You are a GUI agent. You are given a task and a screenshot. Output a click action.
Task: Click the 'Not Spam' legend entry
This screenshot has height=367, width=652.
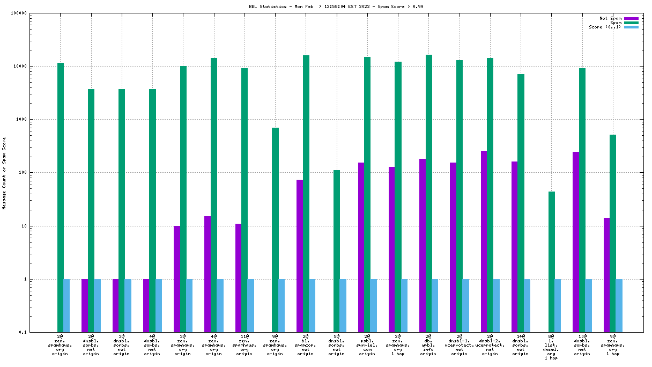coord(611,18)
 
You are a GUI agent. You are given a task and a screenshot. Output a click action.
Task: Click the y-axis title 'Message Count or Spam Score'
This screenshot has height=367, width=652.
coord(4,173)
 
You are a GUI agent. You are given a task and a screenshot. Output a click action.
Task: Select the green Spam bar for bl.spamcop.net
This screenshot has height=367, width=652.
coord(306,193)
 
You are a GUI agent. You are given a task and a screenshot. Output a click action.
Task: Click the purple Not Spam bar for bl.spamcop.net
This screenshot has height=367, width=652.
coord(300,256)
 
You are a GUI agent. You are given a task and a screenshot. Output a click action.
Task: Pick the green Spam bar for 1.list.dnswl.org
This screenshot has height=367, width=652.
coord(552,262)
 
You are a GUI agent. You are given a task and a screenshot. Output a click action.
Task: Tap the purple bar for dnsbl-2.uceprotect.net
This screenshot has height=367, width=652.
coord(484,241)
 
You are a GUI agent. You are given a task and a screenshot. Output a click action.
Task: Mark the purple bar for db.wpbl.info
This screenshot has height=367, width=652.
coord(423,245)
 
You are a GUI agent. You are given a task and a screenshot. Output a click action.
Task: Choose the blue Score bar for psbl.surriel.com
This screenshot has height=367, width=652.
coord(374,306)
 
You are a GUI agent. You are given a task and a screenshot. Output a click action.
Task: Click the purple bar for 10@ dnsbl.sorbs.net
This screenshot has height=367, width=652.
coord(576,242)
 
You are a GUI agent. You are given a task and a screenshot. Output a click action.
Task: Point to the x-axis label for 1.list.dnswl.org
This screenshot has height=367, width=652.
coord(551,347)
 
